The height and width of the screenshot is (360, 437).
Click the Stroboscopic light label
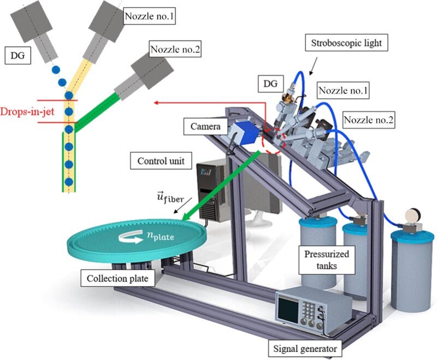[x=346, y=43]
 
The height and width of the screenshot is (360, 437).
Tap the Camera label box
[x=206, y=126]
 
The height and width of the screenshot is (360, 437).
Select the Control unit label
[x=161, y=161]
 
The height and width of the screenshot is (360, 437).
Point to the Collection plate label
[x=117, y=278]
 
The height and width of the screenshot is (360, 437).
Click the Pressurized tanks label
[x=327, y=259]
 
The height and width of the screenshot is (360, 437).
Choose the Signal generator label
[x=305, y=349]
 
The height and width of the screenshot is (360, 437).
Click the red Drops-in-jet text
[x=27, y=112]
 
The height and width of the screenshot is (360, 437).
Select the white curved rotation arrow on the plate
[x=131, y=238]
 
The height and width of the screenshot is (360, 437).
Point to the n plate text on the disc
[x=160, y=236]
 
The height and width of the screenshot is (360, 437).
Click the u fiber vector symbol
[x=170, y=197]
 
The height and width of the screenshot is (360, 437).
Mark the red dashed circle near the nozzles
[x=274, y=142]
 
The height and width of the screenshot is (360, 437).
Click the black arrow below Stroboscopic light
[x=313, y=66]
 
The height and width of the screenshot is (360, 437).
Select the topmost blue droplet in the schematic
[x=56, y=70]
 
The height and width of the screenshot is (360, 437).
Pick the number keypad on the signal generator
[x=309, y=309]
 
